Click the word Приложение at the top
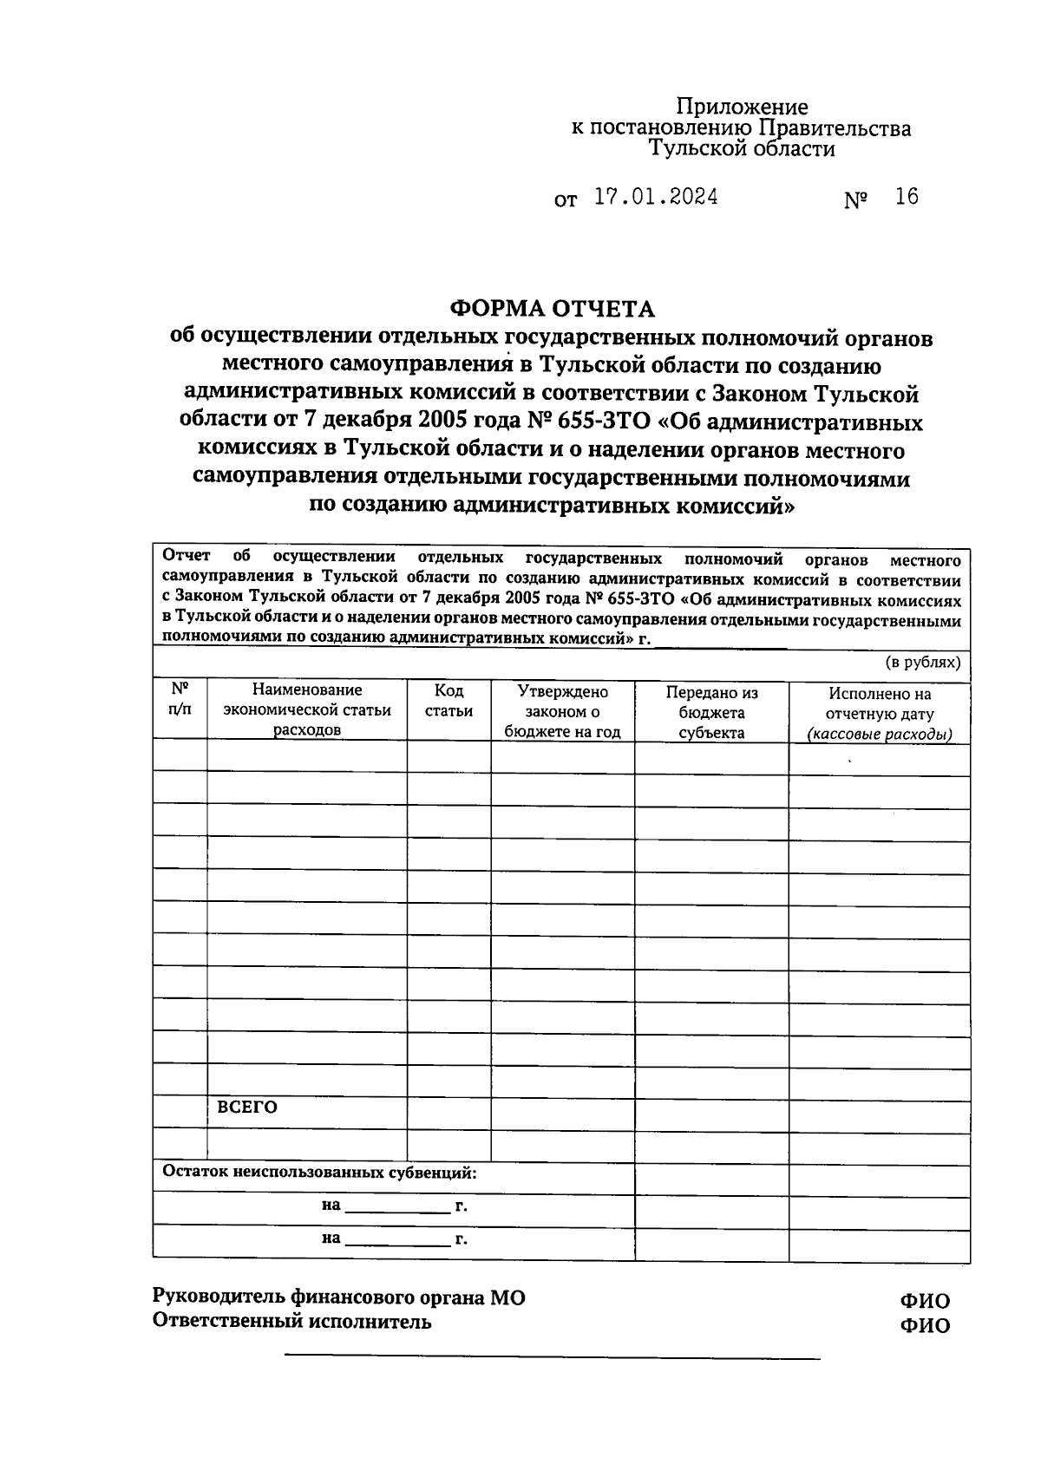[x=742, y=107]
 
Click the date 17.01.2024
[x=656, y=197]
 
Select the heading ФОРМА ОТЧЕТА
[x=552, y=308]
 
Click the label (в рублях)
[x=922, y=663]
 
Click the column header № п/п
[x=180, y=699]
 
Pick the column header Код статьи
[x=448, y=701]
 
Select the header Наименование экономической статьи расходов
[x=307, y=709]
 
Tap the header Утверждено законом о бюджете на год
[x=562, y=711]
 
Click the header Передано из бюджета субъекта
[x=711, y=712]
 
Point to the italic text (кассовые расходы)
[x=879, y=735]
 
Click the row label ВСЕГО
[x=247, y=1108]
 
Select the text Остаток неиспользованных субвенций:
[x=320, y=1173]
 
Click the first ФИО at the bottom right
[x=925, y=1300]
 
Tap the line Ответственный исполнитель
[x=291, y=1322]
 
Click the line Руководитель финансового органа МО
[x=338, y=1297]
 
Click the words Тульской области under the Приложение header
[x=743, y=149]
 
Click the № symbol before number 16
[x=855, y=200]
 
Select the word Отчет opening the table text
[x=187, y=556]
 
